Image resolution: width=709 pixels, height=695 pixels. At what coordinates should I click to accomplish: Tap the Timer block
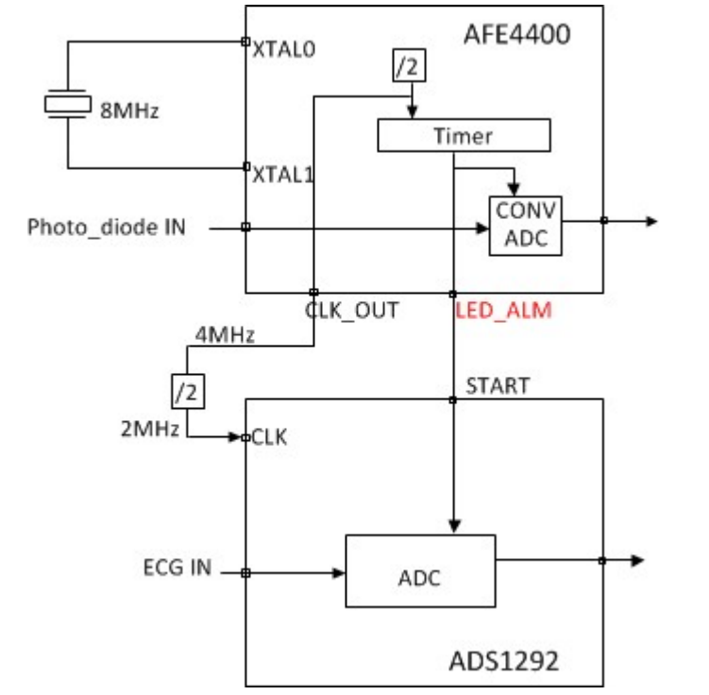(463, 136)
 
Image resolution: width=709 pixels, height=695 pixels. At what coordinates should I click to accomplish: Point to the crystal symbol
(67, 105)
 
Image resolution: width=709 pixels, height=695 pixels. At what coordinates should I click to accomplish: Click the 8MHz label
(129, 111)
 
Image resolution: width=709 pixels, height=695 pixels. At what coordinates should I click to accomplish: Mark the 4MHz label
(225, 333)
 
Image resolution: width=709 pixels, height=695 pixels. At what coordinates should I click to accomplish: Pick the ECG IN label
(177, 569)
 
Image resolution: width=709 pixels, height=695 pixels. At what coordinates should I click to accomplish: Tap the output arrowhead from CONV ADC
(650, 222)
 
